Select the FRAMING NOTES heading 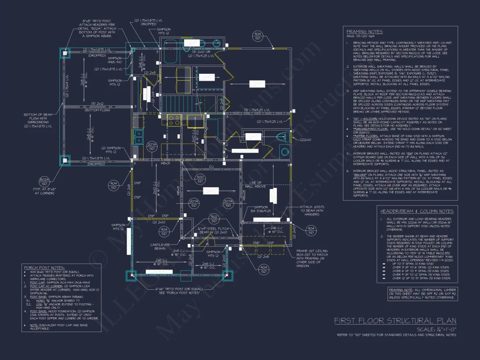tap(364, 32)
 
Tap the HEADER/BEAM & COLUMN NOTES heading tap(417, 211)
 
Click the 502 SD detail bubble tap(214, 219)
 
